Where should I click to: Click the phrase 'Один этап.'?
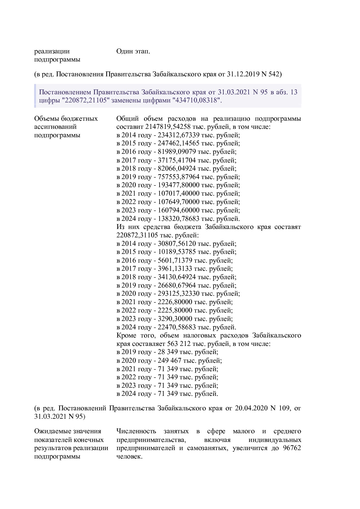click(133, 51)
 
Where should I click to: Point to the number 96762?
click(292, 448)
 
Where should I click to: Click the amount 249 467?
click(169, 361)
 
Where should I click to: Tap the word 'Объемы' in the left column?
click(46, 119)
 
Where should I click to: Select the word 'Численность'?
click(136, 431)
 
